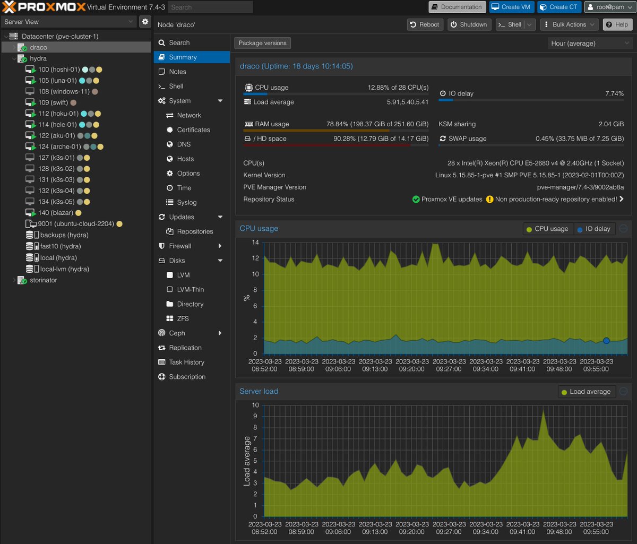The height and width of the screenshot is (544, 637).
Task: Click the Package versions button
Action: click(262, 43)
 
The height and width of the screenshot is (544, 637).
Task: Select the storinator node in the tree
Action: click(44, 280)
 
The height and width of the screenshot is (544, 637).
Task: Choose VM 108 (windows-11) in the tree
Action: click(64, 92)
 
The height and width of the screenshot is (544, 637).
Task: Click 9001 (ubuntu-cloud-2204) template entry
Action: click(75, 224)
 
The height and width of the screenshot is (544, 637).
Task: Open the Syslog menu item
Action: click(186, 202)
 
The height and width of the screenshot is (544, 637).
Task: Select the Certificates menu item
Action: click(193, 129)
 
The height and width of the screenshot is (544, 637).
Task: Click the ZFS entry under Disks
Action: click(183, 318)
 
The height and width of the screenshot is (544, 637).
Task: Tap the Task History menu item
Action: click(186, 362)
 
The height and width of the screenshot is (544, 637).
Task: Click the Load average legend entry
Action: click(586, 392)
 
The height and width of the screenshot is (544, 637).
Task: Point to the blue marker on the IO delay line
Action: click(606, 341)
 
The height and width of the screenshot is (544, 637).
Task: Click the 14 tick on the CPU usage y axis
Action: click(255, 243)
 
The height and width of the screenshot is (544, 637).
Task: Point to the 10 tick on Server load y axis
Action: click(255, 405)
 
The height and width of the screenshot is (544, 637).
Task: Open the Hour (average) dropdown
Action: click(589, 44)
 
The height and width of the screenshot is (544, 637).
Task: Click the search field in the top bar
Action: click(211, 7)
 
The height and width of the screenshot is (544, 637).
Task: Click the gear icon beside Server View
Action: click(145, 22)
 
